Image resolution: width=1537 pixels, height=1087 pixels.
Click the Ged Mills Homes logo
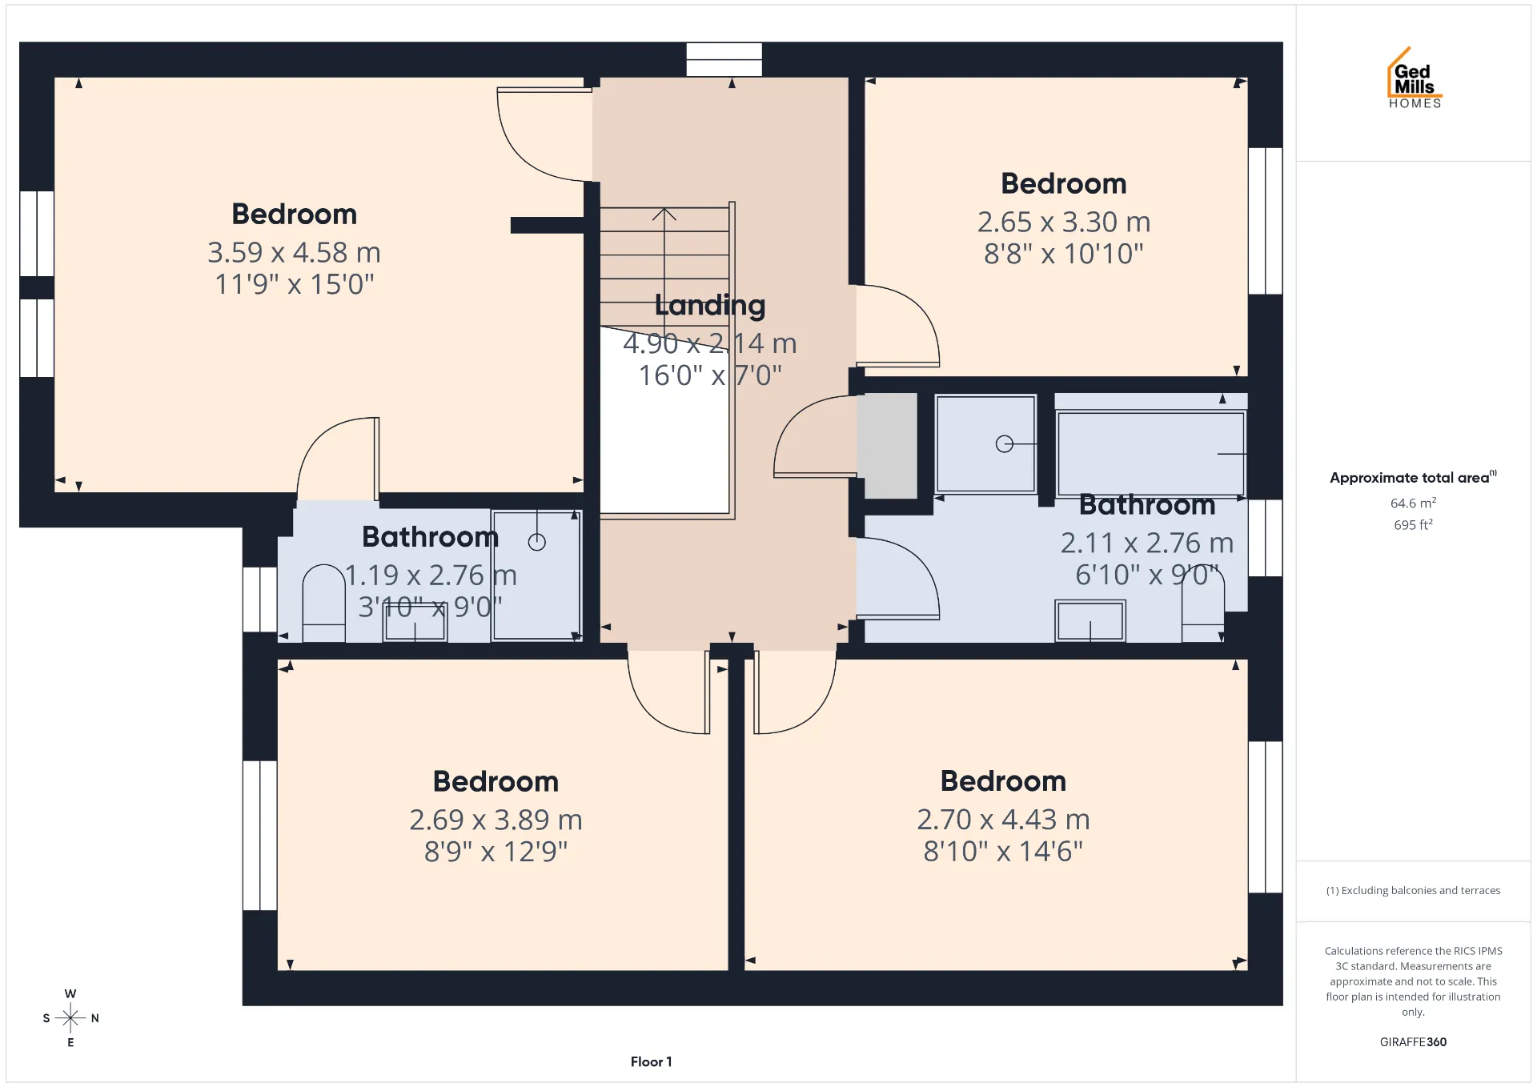[1415, 78]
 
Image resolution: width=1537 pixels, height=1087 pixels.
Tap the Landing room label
[710, 306]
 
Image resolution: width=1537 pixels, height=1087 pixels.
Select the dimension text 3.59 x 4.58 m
[294, 252]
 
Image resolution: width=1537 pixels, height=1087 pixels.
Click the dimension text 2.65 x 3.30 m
[1064, 222]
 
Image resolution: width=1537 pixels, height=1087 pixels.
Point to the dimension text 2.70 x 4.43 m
[1003, 819]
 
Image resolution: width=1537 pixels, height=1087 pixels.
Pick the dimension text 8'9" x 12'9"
[496, 851]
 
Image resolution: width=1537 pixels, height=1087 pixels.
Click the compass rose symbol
[70, 1018]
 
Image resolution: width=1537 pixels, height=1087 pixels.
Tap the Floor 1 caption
[651, 1061]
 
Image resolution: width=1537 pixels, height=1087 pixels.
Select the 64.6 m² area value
[1413, 503]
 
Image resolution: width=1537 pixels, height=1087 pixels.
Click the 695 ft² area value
[1413, 524]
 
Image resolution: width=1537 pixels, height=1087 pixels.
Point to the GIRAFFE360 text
[1413, 1041]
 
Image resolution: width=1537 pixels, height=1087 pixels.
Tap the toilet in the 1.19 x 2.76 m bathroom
[323, 603]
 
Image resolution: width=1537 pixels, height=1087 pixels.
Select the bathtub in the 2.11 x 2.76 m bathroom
[1150, 454]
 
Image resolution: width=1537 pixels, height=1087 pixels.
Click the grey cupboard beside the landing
[887, 445]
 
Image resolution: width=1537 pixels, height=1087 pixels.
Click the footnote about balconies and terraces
[1413, 890]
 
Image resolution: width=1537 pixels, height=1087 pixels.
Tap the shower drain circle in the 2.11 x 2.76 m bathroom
[1005, 443]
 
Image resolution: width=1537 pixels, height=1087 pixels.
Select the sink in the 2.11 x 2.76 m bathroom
[1090, 621]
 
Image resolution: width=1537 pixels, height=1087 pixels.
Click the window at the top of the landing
[724, 59]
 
